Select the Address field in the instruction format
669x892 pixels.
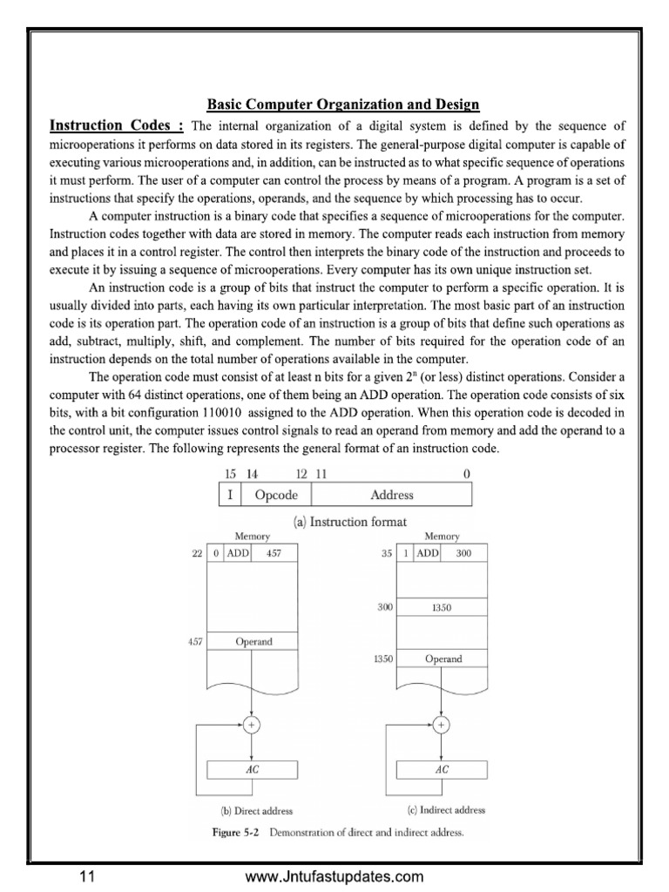pyautogui.click(x=392, y=495)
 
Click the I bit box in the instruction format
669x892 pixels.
pyautogui.click(x=229, y=495)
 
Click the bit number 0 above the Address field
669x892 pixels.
pyautogui.click(x=467, y=473)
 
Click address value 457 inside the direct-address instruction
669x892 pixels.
pyautogui.click(x=274, y=553)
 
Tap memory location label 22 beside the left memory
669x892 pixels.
pyautogui.click(x=197, y=553)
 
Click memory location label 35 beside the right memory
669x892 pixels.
pyautogui.click(x=386, y=553)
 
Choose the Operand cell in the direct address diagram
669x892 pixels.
pyautogui.click(x=252, y=642)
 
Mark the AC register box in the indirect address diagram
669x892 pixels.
pyautogui.click(x=442, y=770)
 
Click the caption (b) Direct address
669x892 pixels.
pyautogui.click(x=252, y=811)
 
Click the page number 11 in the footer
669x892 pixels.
pyautogui.click(x=86, y=876)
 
